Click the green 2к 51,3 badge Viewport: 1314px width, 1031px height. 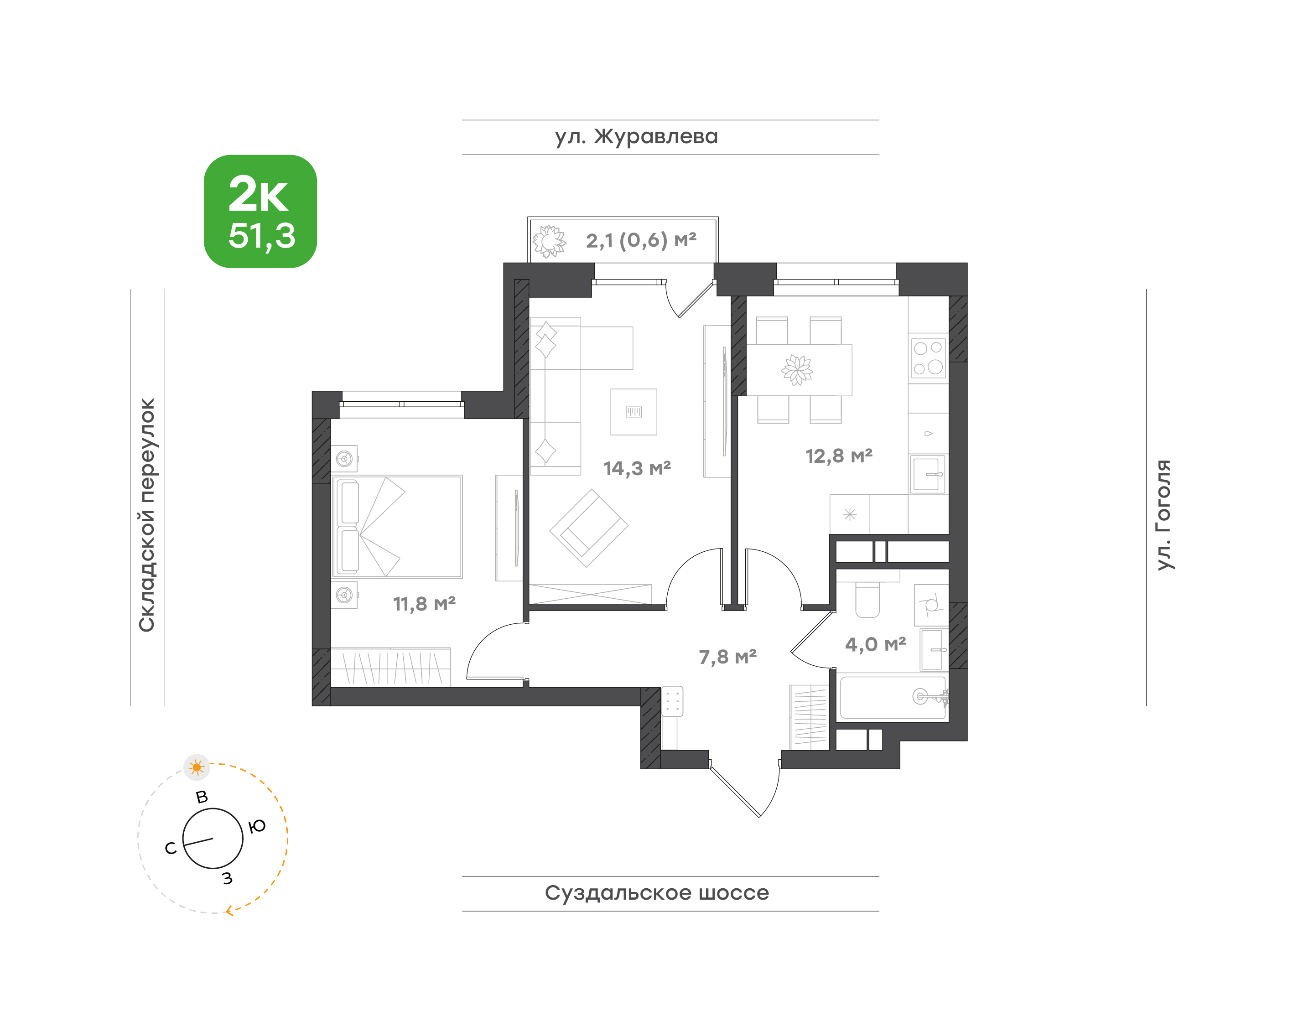260,211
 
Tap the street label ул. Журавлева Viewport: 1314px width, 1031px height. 636,137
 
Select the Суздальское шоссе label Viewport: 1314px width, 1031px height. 657,893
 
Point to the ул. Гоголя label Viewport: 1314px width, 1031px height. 1163,515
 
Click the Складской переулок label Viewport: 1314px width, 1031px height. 147,515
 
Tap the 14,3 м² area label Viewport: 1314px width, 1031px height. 637,468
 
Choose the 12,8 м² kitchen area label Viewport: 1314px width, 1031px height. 839,456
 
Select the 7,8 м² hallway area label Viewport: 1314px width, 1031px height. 727,657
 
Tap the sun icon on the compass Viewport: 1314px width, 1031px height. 196,767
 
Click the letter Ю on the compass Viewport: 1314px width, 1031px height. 257,826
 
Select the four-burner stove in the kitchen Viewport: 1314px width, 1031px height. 928,358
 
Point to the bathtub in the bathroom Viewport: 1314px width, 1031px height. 893,698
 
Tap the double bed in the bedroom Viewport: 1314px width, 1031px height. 397,526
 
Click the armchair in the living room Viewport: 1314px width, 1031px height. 588,528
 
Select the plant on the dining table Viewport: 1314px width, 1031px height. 797,370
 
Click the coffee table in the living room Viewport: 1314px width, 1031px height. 634,412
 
